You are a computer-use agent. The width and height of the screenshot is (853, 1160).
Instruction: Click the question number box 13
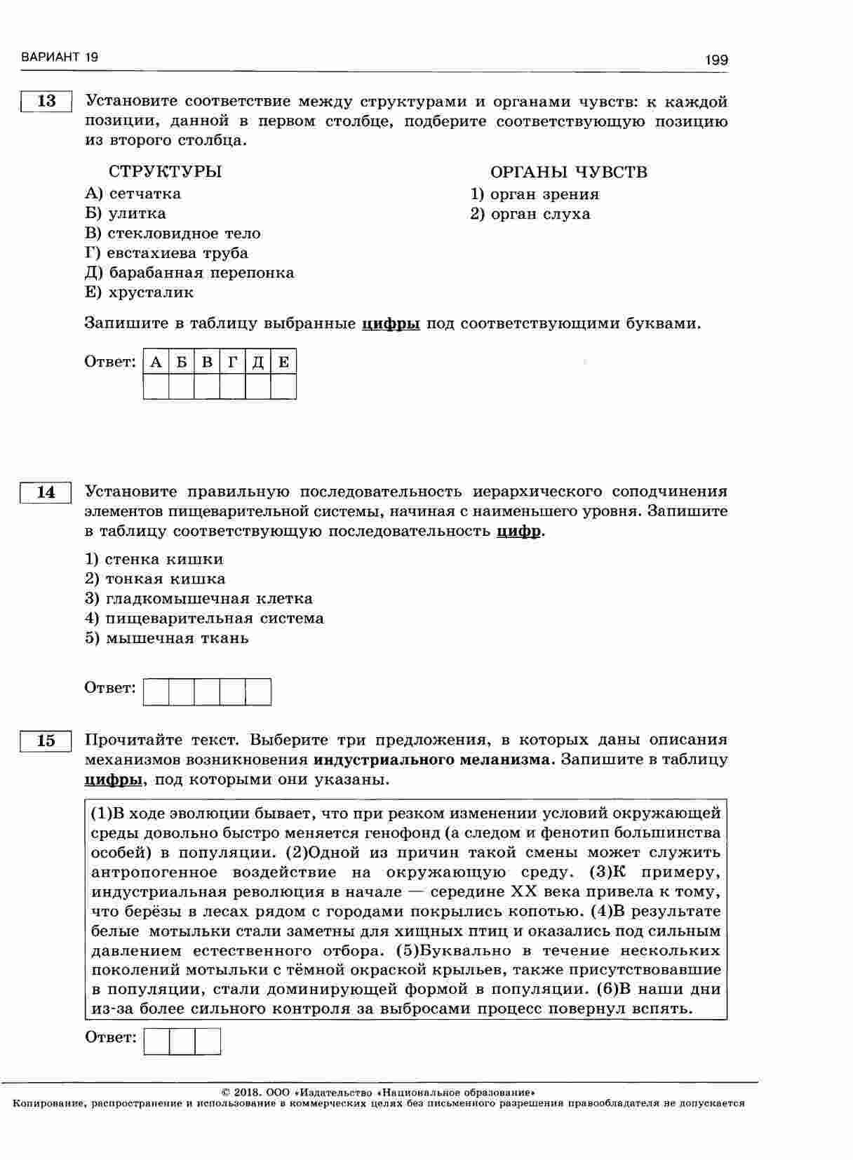click(x=46, y=101)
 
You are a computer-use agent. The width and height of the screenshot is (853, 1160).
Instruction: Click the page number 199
click(x=716, y=60)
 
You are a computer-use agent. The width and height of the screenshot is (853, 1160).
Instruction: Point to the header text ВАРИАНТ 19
click(x=60, y=57)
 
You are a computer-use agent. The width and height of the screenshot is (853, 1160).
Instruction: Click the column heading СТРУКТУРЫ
click(x=166, y=172)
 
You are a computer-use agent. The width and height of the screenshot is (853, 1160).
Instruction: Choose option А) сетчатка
click(x=133, y=194)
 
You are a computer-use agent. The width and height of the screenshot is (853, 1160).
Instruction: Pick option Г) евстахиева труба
click(x=166, y=252)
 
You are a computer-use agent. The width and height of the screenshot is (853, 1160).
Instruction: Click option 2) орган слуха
click(x=530, y=214)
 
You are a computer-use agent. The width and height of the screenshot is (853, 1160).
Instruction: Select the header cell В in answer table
click(x=207, y=362)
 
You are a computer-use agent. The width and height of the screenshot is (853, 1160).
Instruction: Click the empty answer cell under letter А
click(x=156, y=386)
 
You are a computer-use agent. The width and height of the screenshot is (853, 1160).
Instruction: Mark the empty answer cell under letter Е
click(x=283, y=386)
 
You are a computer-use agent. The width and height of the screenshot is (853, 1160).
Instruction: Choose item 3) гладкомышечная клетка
click(x=199, y=599)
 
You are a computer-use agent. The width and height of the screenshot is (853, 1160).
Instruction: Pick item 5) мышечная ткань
click(x=166, y=638)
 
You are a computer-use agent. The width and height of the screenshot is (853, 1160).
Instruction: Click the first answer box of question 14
click(x=156, y=692)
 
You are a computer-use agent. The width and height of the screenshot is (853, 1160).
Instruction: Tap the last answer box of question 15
click(x=208, y=1041)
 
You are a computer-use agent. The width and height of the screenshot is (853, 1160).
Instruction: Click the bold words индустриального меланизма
click(x=434, y=760)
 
